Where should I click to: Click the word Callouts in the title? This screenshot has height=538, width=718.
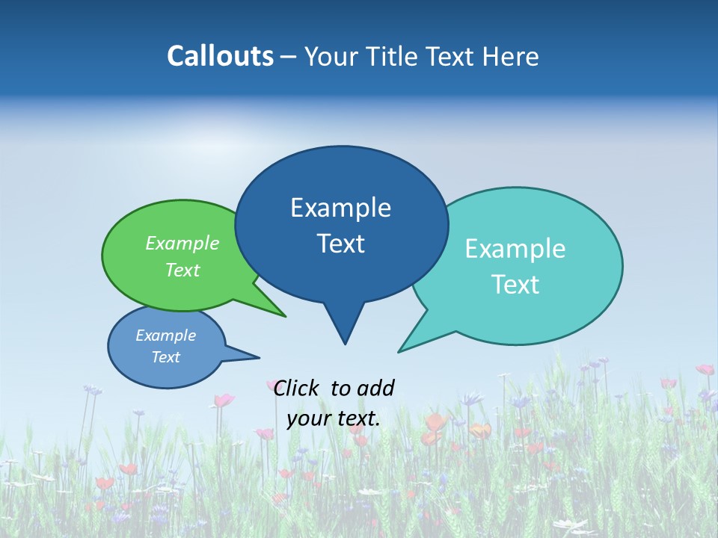pos(220,56)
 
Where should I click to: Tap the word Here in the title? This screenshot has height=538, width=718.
pos(512,56)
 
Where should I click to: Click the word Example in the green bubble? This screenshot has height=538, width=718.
pos(182,243)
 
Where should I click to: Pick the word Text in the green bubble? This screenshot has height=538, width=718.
pos(182,270)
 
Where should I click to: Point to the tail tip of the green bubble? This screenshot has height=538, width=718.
pos(285,316)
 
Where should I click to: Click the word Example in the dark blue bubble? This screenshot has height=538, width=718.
pos(340,208)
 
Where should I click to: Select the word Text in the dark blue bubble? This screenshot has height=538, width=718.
pos(340,244)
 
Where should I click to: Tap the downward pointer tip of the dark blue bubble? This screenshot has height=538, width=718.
pos(345,344)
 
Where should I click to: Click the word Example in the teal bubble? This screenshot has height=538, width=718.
pos(515,249)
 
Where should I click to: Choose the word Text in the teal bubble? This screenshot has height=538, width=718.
pos(515,284)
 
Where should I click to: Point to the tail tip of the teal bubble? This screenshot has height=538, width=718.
pos(399,351)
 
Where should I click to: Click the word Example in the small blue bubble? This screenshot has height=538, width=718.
pos(166,336)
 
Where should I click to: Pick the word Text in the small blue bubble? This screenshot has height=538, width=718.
pos(166,357)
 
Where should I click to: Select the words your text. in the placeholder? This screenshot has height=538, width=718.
pos(334,418)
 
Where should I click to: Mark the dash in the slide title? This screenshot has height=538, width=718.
pos(289,56)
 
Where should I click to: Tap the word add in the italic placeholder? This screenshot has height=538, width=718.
pos(375,388)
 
